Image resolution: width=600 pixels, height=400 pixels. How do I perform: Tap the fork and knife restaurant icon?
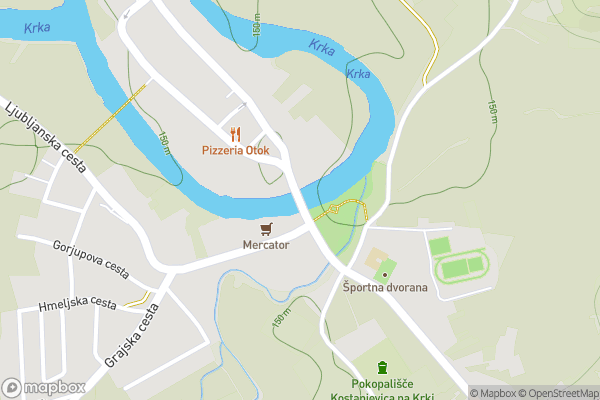[236, 133]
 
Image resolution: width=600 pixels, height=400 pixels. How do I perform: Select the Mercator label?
[265, 244]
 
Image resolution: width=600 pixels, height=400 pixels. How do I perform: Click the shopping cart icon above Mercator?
[265, 229]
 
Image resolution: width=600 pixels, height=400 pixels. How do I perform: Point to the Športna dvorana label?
[386, 288]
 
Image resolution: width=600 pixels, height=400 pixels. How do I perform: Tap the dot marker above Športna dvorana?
[384, 274]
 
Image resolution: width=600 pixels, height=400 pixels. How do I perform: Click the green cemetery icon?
[381, 369]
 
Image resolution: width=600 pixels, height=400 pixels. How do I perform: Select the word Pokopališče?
[381, 384]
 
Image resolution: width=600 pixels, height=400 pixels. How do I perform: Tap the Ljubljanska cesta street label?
[46, 137]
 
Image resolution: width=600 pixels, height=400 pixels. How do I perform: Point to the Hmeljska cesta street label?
[77, 304]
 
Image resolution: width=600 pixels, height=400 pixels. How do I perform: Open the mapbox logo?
[44, 387]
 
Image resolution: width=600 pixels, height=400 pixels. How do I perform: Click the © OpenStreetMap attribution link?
[559, 393]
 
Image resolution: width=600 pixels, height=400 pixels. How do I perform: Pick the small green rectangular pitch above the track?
[440, 245]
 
